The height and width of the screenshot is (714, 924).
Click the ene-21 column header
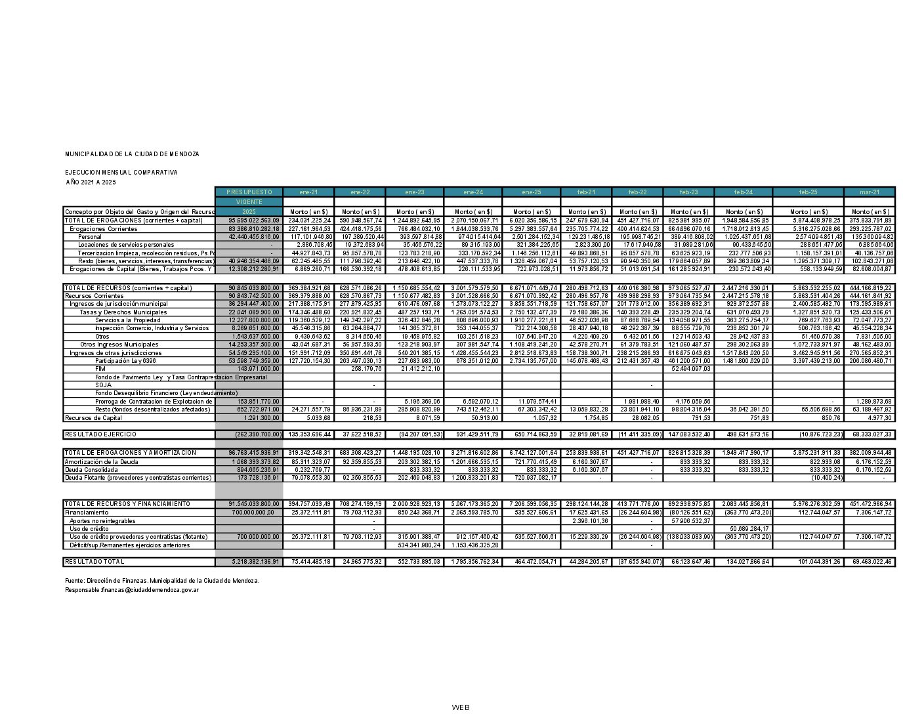(x=308, y=192)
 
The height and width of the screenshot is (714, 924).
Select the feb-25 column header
(x=808, y=192)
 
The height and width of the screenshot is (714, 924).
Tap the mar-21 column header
(x=869, y=192)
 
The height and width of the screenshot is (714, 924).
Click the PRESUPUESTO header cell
(x=249, y=192)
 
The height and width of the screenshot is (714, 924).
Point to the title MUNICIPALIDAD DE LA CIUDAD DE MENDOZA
(x=132, y=154)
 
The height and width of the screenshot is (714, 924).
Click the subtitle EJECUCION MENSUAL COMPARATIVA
(x=121, y=173)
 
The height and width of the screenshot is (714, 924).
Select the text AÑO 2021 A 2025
(x=91, y=182)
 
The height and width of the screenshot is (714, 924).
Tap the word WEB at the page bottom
(x=461, y=707)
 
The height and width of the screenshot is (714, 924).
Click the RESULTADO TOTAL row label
(x=94, y=562)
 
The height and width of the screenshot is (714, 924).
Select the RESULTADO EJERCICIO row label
(x=100, y=434)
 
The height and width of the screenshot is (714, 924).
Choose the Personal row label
(x=90, y=237)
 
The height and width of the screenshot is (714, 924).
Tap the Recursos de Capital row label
(x=93, y=418)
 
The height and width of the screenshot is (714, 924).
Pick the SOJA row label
(x=103, y=385)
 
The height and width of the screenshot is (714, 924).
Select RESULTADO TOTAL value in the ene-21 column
(x=308, y=562)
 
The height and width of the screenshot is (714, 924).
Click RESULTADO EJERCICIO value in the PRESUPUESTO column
(x=249, y=434)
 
